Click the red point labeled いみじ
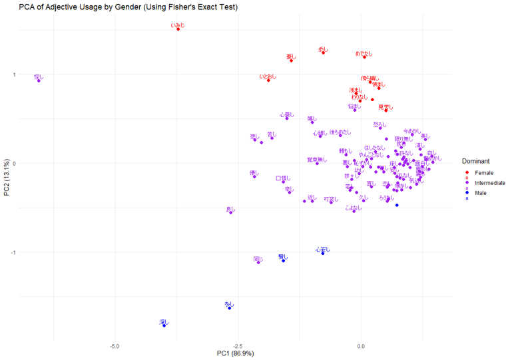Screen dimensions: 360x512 178,29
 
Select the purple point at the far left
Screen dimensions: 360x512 39,81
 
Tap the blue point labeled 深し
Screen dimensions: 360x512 164,325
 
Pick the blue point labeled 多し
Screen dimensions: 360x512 229,308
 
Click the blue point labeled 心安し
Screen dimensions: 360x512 323,253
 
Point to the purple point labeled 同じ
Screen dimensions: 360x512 258,262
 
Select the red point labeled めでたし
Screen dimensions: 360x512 364,57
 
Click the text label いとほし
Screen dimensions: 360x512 268,77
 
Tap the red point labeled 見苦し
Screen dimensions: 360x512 385,110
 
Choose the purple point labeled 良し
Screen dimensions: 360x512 231,212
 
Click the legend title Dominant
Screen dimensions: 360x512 476,161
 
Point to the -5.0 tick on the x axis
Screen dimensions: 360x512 115,346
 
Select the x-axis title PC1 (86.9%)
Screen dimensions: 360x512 235,353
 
